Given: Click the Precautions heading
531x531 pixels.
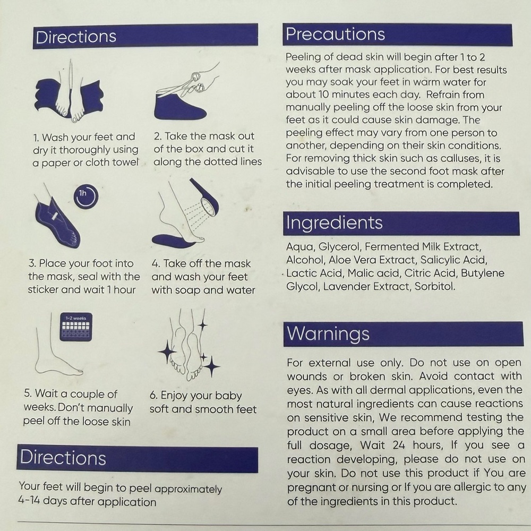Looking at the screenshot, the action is point(335,34).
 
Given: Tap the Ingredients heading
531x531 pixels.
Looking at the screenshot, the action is point(334,223).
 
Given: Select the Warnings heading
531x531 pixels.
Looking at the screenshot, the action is point(328,334).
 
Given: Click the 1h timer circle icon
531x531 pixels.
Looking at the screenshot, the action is point(86,196).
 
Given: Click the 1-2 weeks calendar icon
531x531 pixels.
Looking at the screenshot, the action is point(76,327).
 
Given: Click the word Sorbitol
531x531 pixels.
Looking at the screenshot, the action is point(435,287).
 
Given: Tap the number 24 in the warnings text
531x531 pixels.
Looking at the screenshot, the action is point(399,444).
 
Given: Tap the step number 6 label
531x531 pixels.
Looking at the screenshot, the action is point(153,395).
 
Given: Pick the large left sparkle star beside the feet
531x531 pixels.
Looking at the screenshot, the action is point(167,353).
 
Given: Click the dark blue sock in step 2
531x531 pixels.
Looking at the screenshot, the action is point(179,107).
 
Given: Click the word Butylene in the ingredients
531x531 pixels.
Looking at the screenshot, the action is point(483,273).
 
